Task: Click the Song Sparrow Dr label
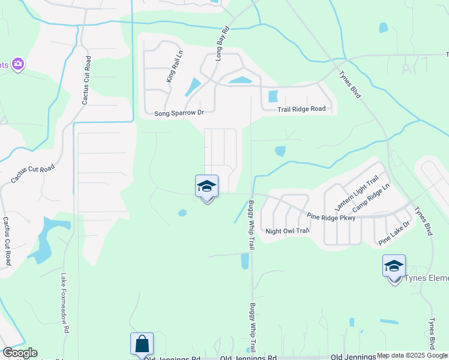(x=179, y=113)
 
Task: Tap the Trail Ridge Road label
(x=301, y=109)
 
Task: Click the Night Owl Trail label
(x=287, y=231)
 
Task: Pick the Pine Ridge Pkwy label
(x=331, y=217)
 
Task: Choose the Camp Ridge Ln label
(x=371, y=198)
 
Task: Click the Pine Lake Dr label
(x=394, y=233)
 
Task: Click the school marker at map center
(x=206, y=187)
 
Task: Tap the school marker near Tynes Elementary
(x=394, y=266)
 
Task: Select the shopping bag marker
(x=142, y=344)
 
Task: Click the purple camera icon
(x=17, y=64)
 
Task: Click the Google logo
(x=19, y=353)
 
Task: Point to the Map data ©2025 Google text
(x=412, y=356)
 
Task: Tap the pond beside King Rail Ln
(x=193, y=88)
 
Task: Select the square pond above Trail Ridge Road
(x=273, y=96)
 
